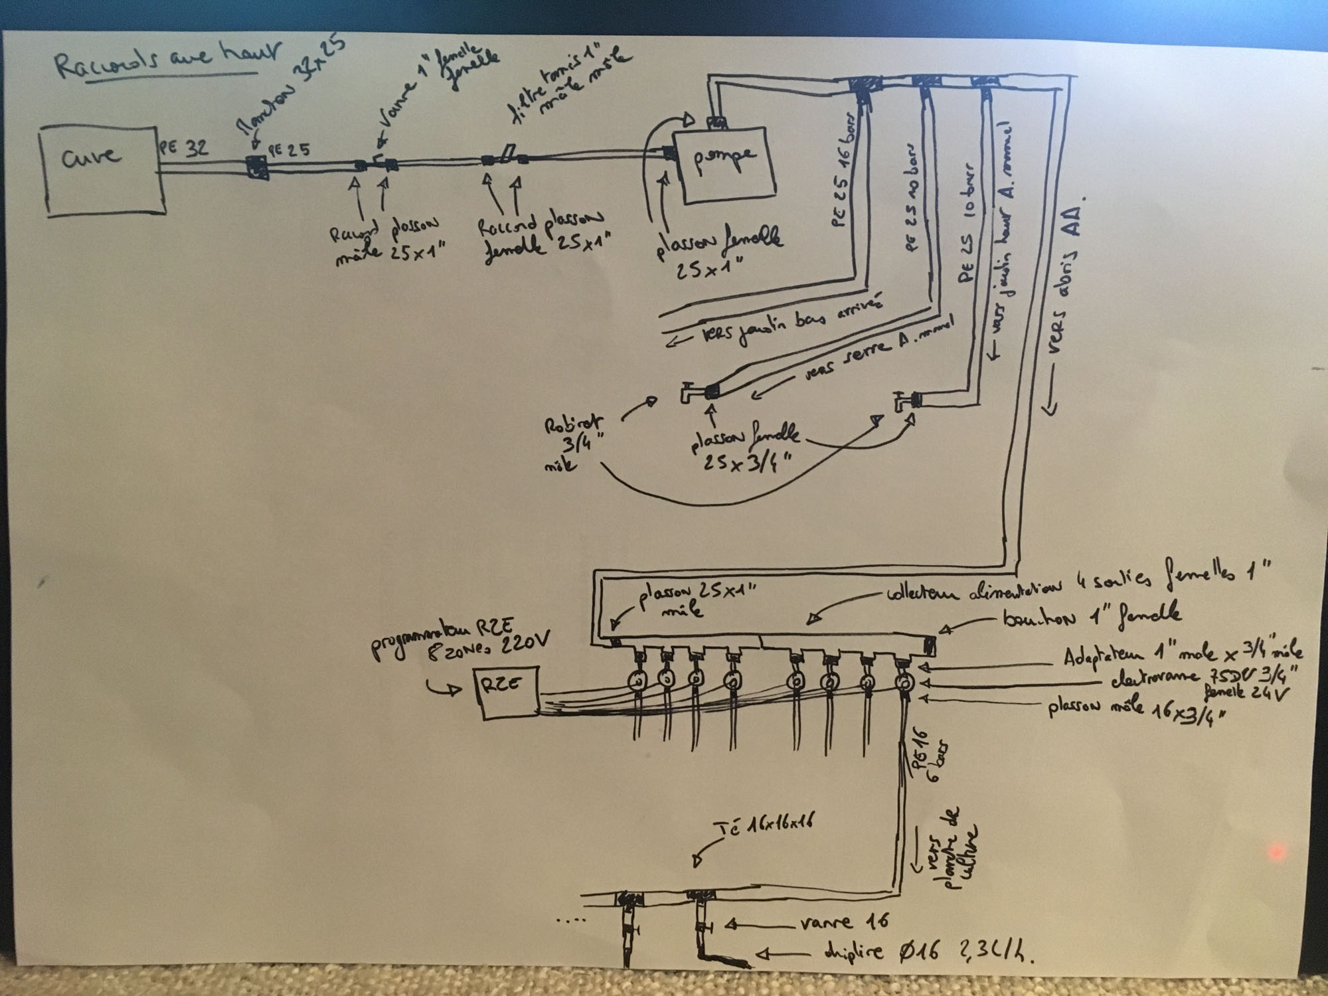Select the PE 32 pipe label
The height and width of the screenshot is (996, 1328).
183,149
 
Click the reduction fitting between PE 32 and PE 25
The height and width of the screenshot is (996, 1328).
256,167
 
